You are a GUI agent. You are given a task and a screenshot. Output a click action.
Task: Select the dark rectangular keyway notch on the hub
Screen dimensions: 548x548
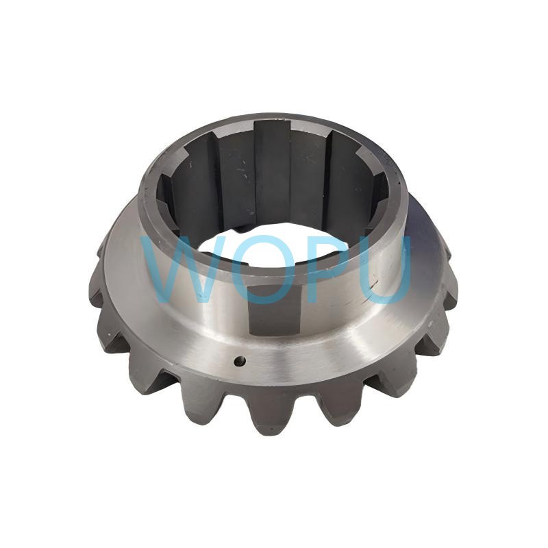coord(275,309)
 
